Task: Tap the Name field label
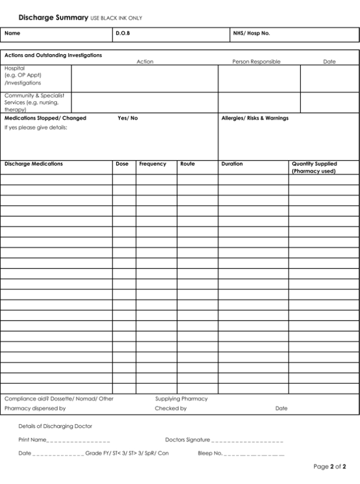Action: pos(12,33)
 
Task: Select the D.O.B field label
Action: pos(123,33)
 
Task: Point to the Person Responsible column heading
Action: pos(256,62)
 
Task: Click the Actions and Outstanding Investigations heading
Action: pos(53,55)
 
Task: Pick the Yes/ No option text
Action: pos(127,118)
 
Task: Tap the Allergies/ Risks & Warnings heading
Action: pos(255,118)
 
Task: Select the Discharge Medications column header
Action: pos(34,164)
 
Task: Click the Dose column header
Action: pos(122,164)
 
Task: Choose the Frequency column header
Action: pos(153,164)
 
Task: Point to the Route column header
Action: pos(188,164)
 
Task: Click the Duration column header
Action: pos(232,164)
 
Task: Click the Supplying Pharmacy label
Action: pos(181,399)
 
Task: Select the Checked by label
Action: pos(170,408)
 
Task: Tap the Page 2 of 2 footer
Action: pos(330,466)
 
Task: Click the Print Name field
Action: pos(78,440)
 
